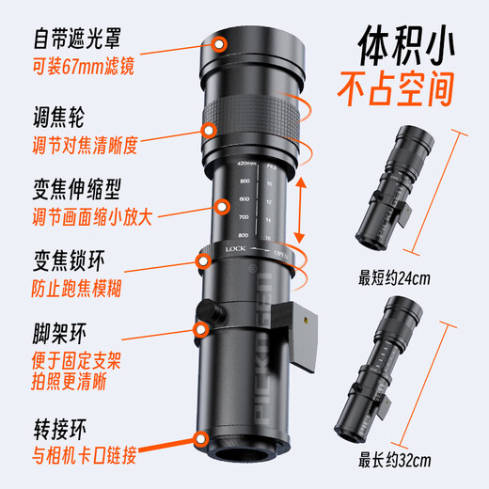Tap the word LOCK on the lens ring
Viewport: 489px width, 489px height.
click(236, 249)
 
